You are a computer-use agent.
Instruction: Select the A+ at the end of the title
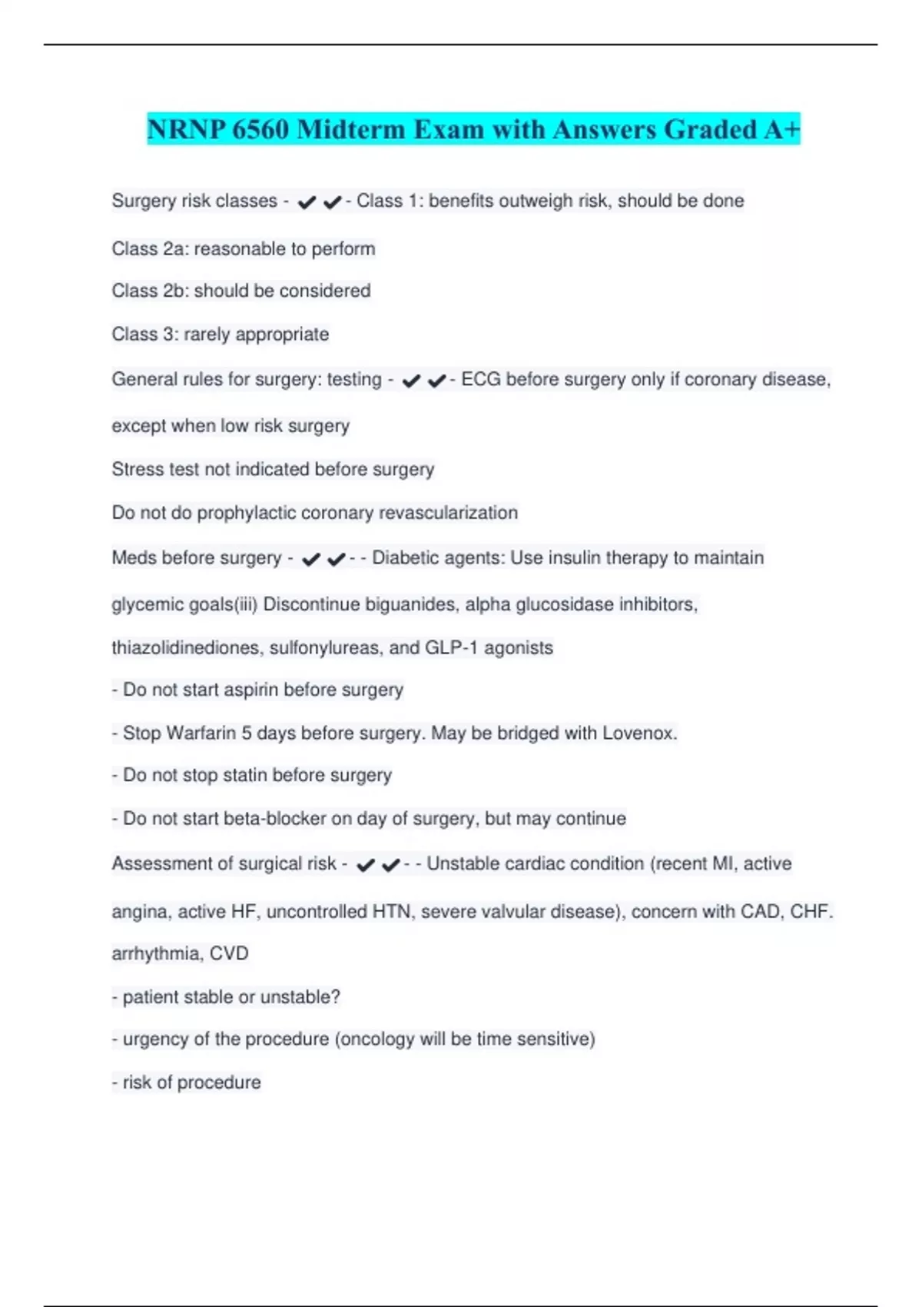click(781, 129)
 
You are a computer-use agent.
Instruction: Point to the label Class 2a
click(149, 249)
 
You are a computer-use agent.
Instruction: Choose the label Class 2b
click(149, 291)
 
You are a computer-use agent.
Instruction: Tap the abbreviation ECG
click(481, 380)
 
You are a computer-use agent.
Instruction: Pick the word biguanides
click(410, 605)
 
